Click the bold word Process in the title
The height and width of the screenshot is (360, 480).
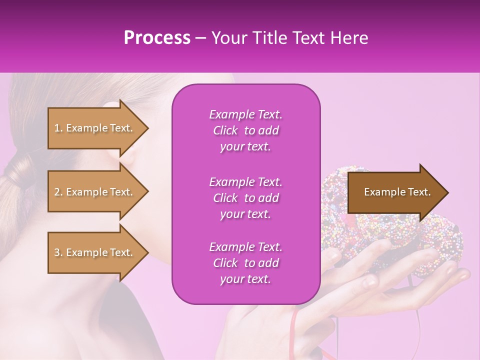157,38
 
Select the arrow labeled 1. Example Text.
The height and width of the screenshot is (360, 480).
95,128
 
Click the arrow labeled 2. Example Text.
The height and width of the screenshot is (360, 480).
95,192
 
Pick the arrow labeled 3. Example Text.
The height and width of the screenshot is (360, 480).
95,252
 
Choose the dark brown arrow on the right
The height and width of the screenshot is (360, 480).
395,192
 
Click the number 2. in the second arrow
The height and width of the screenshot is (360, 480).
58,192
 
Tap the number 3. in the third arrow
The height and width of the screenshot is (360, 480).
58,252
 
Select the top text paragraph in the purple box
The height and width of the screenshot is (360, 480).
246,130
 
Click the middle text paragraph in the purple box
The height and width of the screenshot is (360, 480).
246,197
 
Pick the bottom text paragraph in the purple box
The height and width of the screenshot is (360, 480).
246,263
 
